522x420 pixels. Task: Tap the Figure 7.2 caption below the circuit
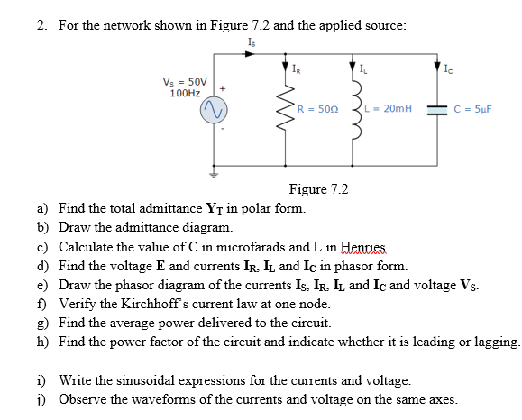317,189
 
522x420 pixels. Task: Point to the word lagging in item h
493,342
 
